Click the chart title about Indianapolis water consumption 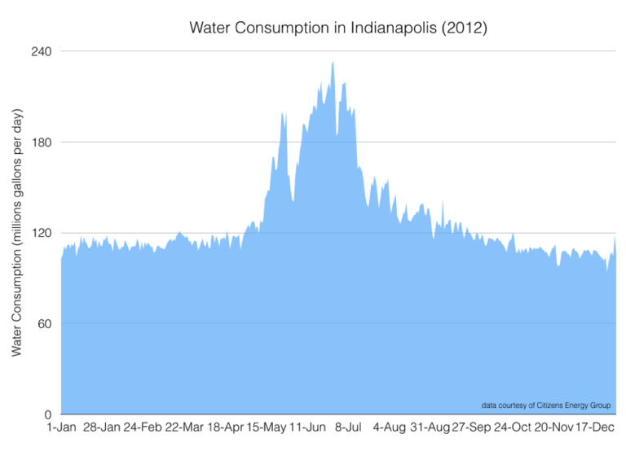click(338, 28)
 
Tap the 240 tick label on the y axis click(42, 51)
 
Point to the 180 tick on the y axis click(42, 142)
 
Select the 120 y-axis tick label click(42, 233)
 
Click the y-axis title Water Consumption click(17, 233)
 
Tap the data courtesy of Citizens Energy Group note click(546, 405)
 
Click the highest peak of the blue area click(333, 63)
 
